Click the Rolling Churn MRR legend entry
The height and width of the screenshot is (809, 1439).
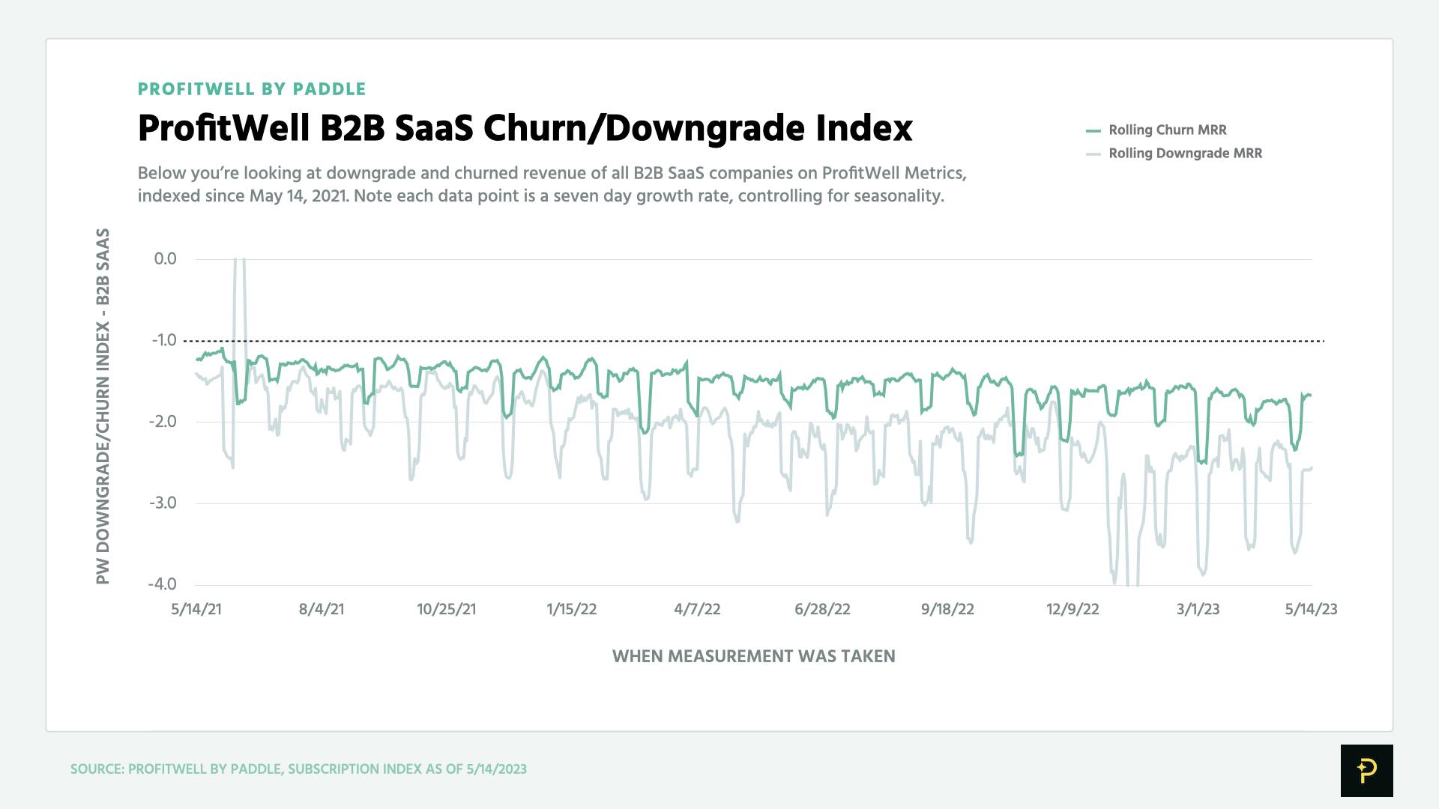1167,130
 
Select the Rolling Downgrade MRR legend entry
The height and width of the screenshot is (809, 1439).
1185,154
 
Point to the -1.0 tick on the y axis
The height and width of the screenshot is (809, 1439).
164,340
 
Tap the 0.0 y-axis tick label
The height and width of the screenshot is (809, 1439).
165,259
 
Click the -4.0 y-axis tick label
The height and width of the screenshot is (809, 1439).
163,584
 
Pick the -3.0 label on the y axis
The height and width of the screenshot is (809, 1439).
163,503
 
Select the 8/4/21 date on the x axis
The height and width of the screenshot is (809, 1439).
322,609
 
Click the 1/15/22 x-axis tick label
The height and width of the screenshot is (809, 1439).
572,609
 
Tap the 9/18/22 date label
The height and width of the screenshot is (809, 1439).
947,609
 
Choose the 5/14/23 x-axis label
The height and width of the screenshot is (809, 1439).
1311,609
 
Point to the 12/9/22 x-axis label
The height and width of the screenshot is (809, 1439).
1073,609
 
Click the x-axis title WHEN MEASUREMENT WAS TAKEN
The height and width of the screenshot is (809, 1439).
753,656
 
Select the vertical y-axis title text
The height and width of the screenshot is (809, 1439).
103,406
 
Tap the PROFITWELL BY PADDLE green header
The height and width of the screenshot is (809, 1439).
252,89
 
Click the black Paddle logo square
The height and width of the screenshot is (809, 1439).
1366,770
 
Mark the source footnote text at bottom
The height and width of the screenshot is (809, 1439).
298,769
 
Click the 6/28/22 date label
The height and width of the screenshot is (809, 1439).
822,609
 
